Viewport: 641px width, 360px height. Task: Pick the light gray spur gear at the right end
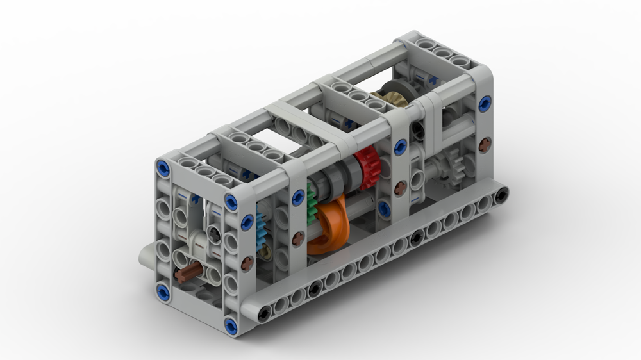click(456, 166)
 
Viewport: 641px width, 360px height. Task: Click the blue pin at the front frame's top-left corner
click(163, 168)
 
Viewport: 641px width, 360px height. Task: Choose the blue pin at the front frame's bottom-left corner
click(163, 291)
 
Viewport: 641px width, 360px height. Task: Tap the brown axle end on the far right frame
click(485, 143)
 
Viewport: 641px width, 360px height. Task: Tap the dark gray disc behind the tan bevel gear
click(387, 90)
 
